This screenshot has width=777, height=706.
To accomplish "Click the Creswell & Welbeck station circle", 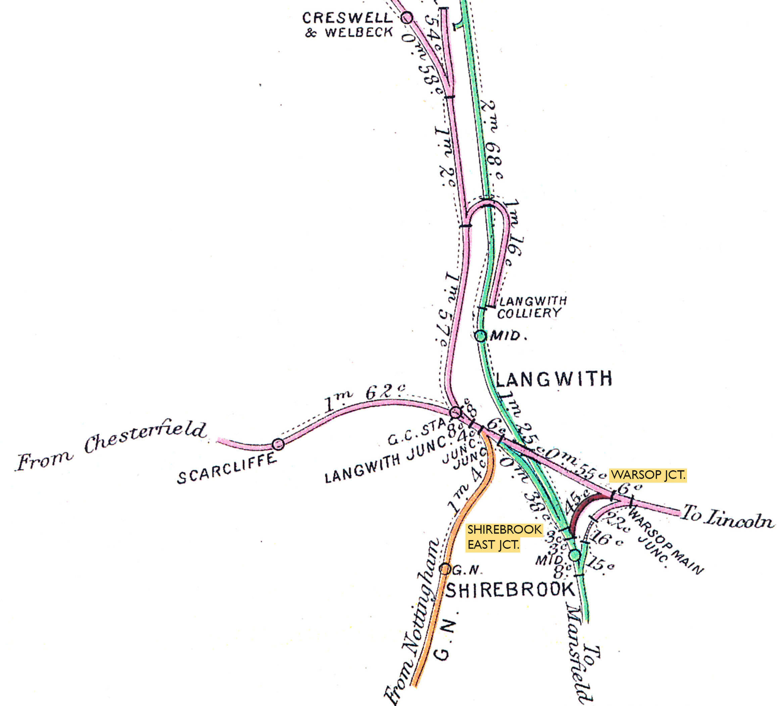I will coord(407,17).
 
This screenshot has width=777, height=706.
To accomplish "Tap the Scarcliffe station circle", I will coord(278,444).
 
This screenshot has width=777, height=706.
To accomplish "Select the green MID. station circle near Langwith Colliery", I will coord(480,336).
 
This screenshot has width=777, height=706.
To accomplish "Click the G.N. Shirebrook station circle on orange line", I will coord(445,569).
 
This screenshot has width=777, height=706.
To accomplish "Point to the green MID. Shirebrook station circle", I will coord(575,555).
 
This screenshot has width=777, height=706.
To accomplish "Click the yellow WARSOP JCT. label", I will coord(648,475).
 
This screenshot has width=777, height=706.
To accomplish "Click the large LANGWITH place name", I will coord(554,379).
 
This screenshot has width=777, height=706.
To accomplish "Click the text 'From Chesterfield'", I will coord(112,447).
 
